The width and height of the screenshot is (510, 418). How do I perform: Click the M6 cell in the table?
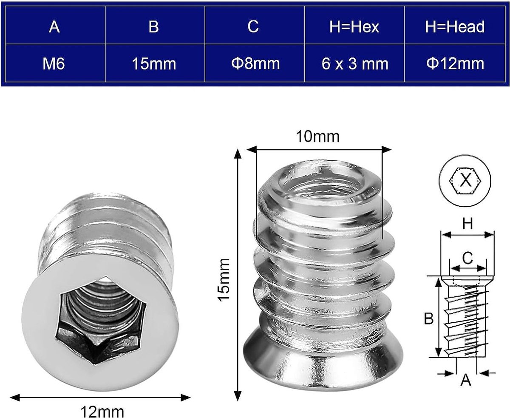[x=54, y=63]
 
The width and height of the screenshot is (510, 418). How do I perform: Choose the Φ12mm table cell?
[x=455, y=63]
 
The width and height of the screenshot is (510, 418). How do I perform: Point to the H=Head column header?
[x=455, y=27]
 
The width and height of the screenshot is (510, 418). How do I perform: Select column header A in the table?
[x=54, y=27]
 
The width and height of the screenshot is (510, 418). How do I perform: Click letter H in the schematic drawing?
[x=467, y=225]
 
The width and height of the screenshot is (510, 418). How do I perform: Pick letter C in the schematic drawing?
[x=467, y=258]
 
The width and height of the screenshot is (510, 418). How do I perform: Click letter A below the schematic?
[x=466, y=380]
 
